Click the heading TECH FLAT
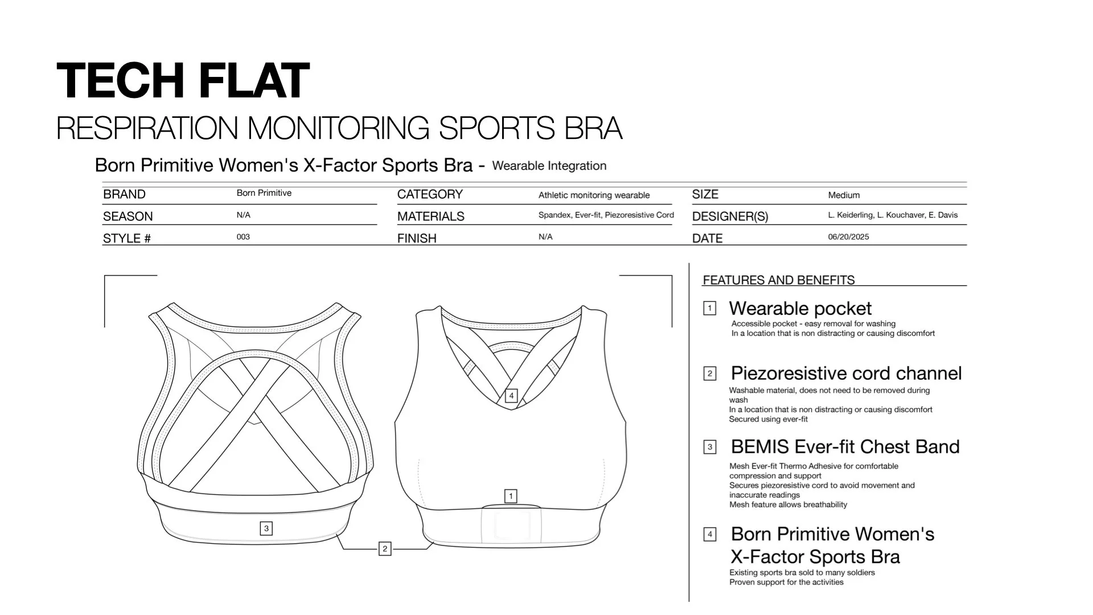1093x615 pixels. pyautogui.click(x=183, y=81)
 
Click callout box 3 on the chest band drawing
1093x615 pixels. pyautogui.click(x=266, y=528)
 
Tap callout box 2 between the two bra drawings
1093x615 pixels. pyautogui.click(x=385, y=549)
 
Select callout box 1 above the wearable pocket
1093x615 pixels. pyautogui.click(x=511, y=496)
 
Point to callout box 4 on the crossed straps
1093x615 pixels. pyautogui.click(x=511, y=395)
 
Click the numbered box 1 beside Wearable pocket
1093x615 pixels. pyautogui.click(x=709, y=309)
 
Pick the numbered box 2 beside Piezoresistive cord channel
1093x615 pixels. pyautogui.click(x=709, y=374)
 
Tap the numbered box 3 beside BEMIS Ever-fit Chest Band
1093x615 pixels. pyautogui.click(x=709, y=447)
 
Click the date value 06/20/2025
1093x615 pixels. pyautogui.click(x=848, y=237)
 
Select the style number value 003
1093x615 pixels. pyautogui.click(x=243, y=237)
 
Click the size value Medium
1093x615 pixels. pyautogui.click(x=844, y=195)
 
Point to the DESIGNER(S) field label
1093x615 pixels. pyautogui.click(x=730, y=216)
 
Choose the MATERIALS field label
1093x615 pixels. pyautogui.click(x=430, y=216)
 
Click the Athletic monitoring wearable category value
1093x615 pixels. pyautogui.click(x=594, y=195)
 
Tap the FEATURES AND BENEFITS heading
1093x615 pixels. pyautogui.click(x=778, y=280)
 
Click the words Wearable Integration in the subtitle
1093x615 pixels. pyautogui.click(x=549, y=166)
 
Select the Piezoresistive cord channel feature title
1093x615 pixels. pyautogui.click(x=846, y=374)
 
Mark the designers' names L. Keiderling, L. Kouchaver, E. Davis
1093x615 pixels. pyautogui.click(x=893, y=215)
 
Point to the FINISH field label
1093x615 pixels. pyautogui.click(x=417, y=239)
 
